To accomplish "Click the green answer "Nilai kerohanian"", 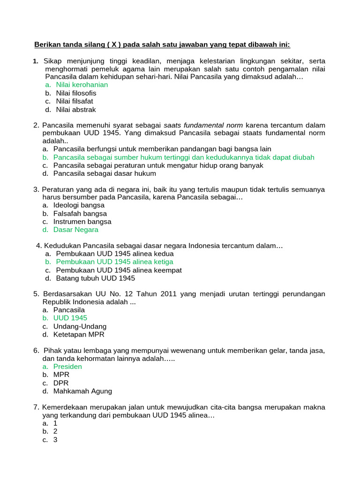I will pos(82,85).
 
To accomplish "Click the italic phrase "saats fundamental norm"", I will pos(203,126).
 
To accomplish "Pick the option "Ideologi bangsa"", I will pos(79,205).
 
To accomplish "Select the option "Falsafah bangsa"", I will pos(80,214).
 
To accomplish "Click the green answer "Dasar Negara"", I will pos(75,230).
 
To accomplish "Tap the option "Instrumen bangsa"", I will pos(82,222).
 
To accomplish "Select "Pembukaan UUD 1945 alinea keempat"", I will pos(119,270).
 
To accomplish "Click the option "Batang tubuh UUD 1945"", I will pos(95,278).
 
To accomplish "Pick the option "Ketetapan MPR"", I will pos(79,335).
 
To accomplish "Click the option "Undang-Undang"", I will pos(80,326).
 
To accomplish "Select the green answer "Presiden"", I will pos(67,367).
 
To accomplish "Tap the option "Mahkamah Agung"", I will pos(82,391).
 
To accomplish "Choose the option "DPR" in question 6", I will pos(61,383).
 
